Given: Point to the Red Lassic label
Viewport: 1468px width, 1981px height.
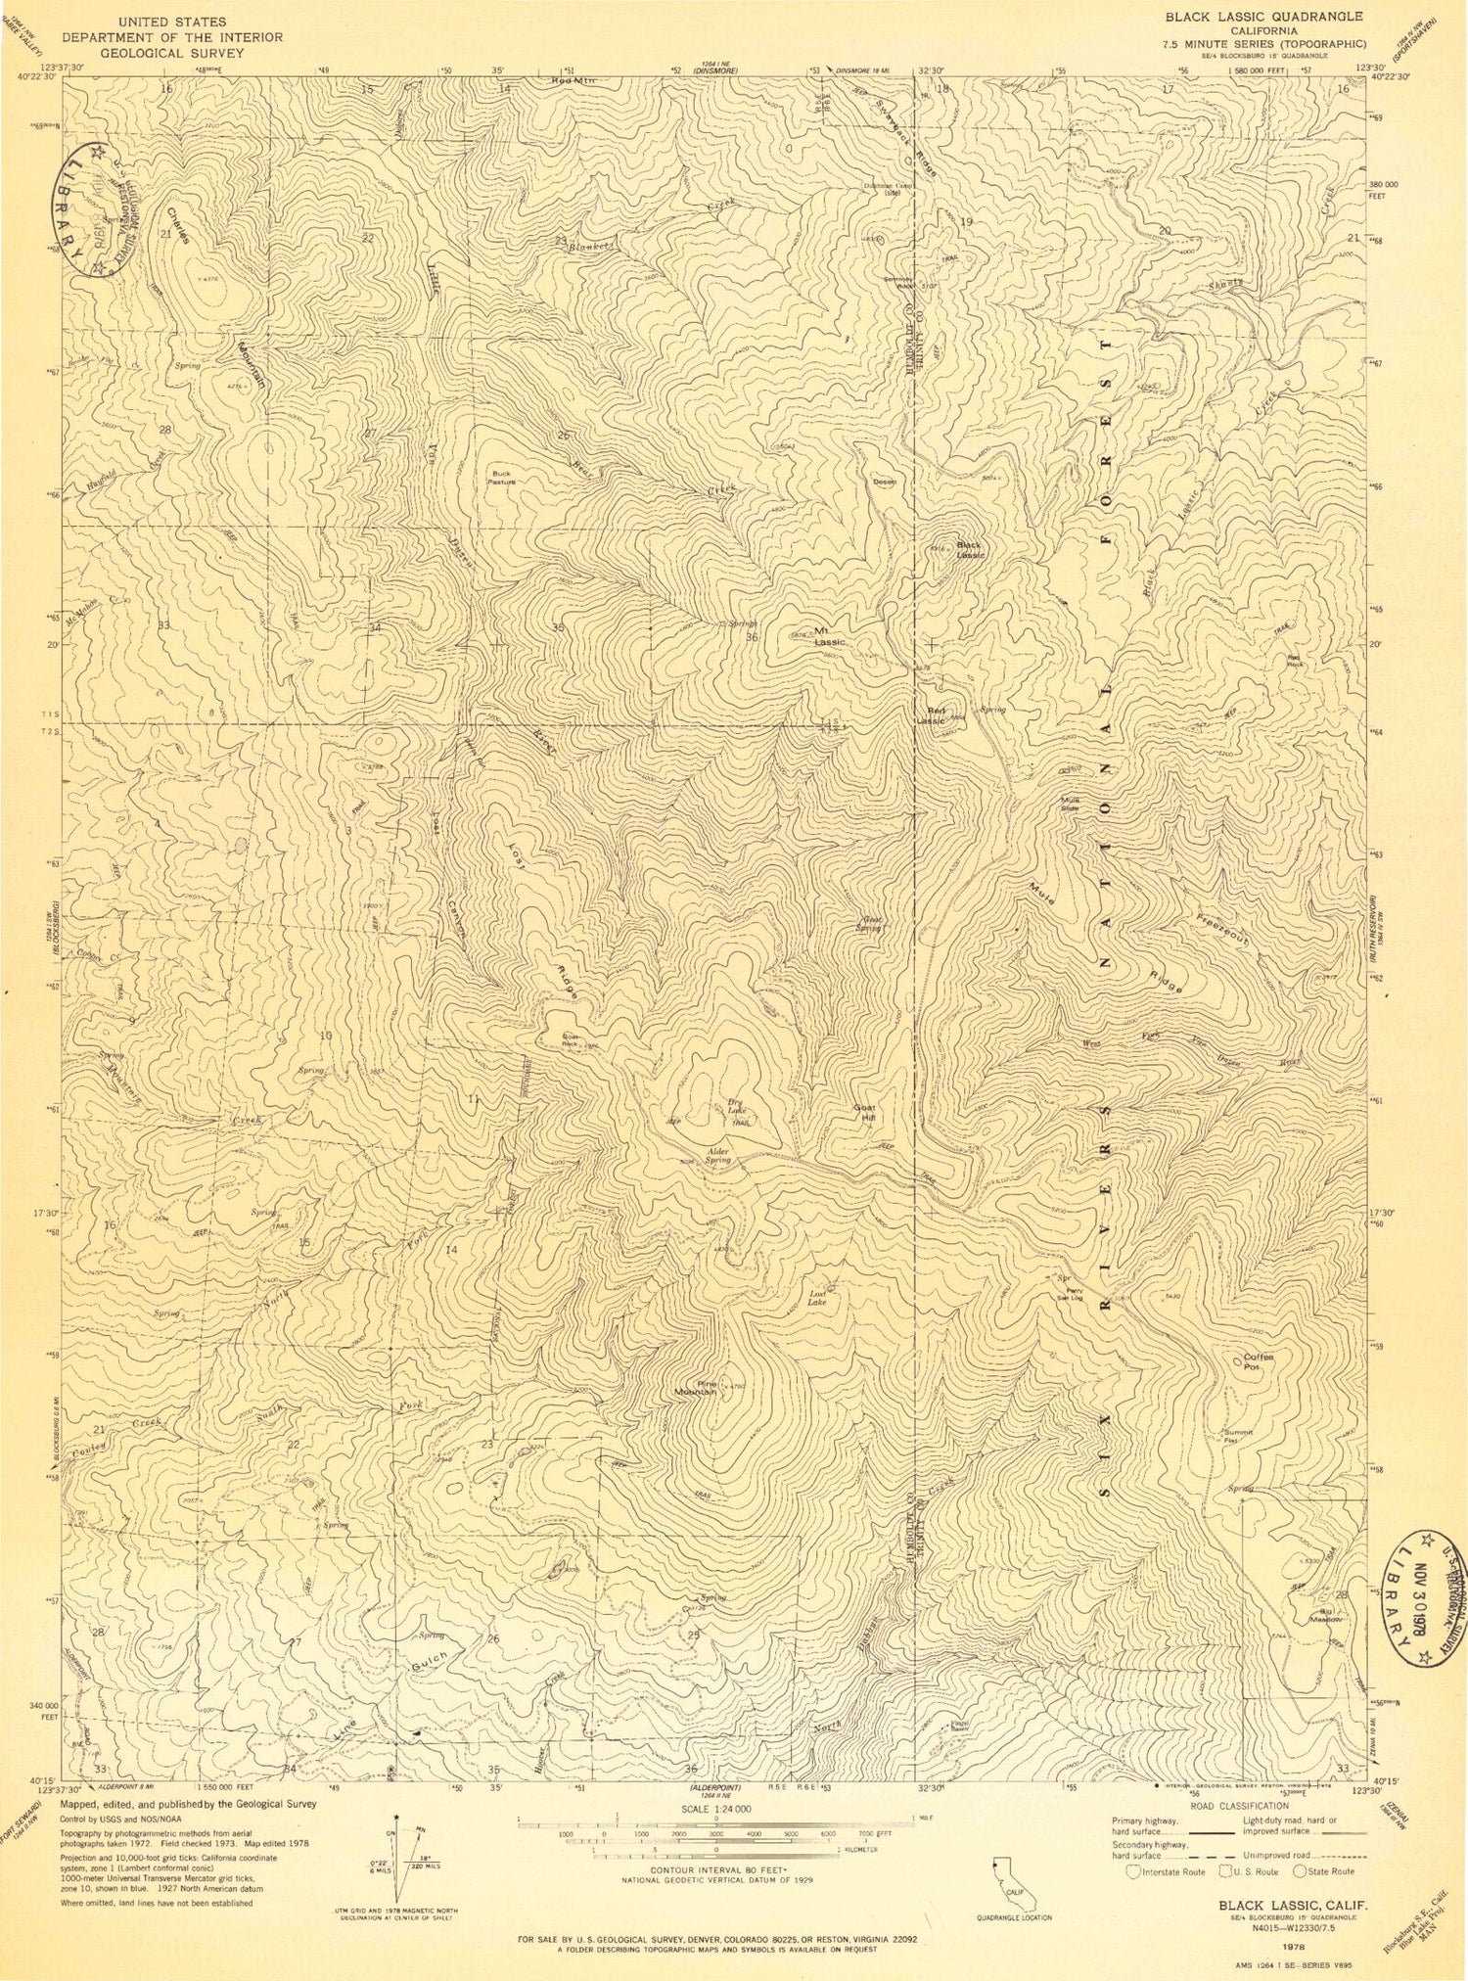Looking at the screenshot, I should [931, 716].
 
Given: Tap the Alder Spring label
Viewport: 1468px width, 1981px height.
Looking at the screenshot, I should [718, 1155].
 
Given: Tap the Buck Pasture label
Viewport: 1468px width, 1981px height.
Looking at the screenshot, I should [501, 478].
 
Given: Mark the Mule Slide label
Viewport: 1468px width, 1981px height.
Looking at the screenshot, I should [1072, 804].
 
